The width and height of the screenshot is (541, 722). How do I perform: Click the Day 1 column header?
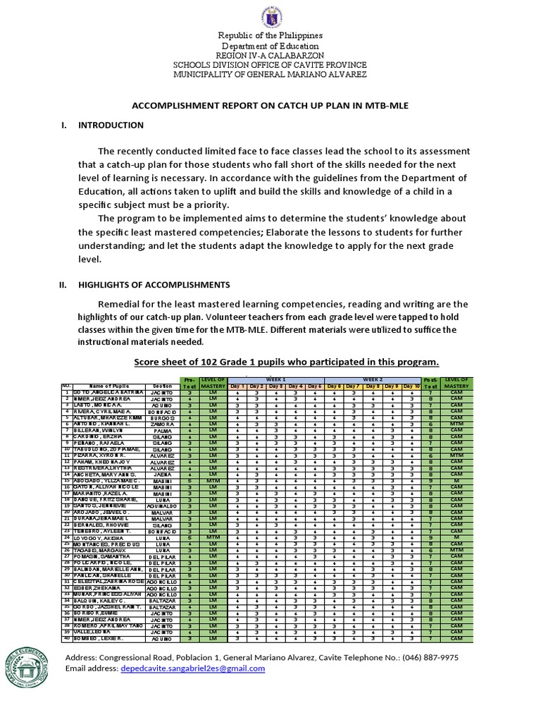click(x=239, y=386)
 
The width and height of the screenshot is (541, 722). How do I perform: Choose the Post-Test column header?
click(x=430, y=383)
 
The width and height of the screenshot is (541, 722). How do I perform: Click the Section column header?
click(x=163, y=386)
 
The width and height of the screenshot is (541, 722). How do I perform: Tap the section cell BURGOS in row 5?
click(x=163, y=417)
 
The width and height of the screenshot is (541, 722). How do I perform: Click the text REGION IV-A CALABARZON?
click(x=270, y=56)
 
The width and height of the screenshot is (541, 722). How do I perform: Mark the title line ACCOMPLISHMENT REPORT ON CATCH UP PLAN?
click(x=270, y=104)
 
